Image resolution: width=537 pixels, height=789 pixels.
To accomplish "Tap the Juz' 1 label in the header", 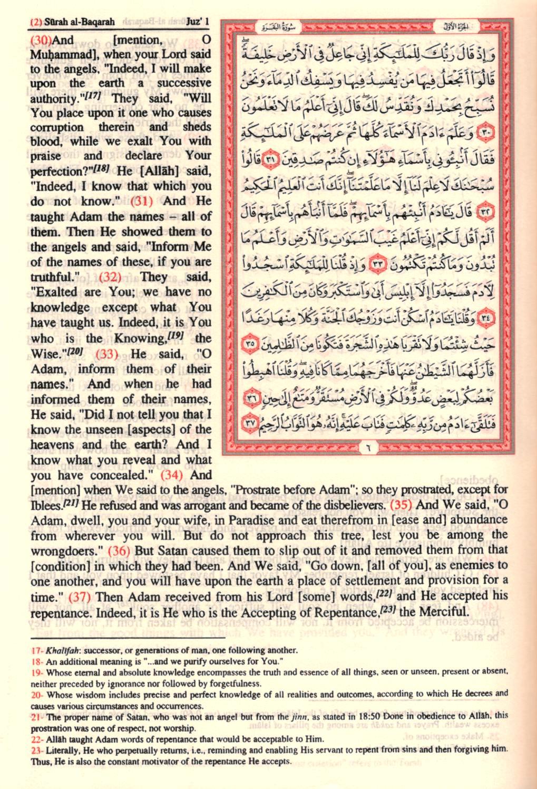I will (x=198, y=22).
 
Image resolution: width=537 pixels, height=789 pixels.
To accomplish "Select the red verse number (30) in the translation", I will (x=41, y=40).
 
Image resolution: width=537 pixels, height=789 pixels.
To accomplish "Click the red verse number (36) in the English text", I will (x=120, y=550).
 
